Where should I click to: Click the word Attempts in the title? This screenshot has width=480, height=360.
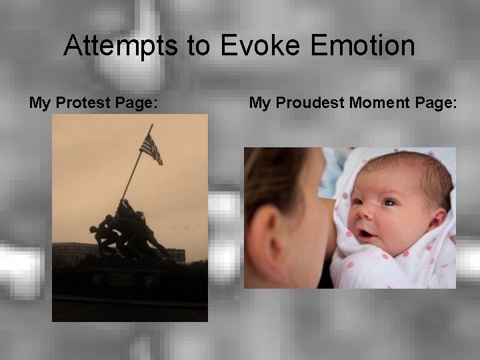point(121,46)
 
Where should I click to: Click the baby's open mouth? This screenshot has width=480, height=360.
point(366,234)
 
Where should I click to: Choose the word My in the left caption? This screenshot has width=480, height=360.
point(39,103)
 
